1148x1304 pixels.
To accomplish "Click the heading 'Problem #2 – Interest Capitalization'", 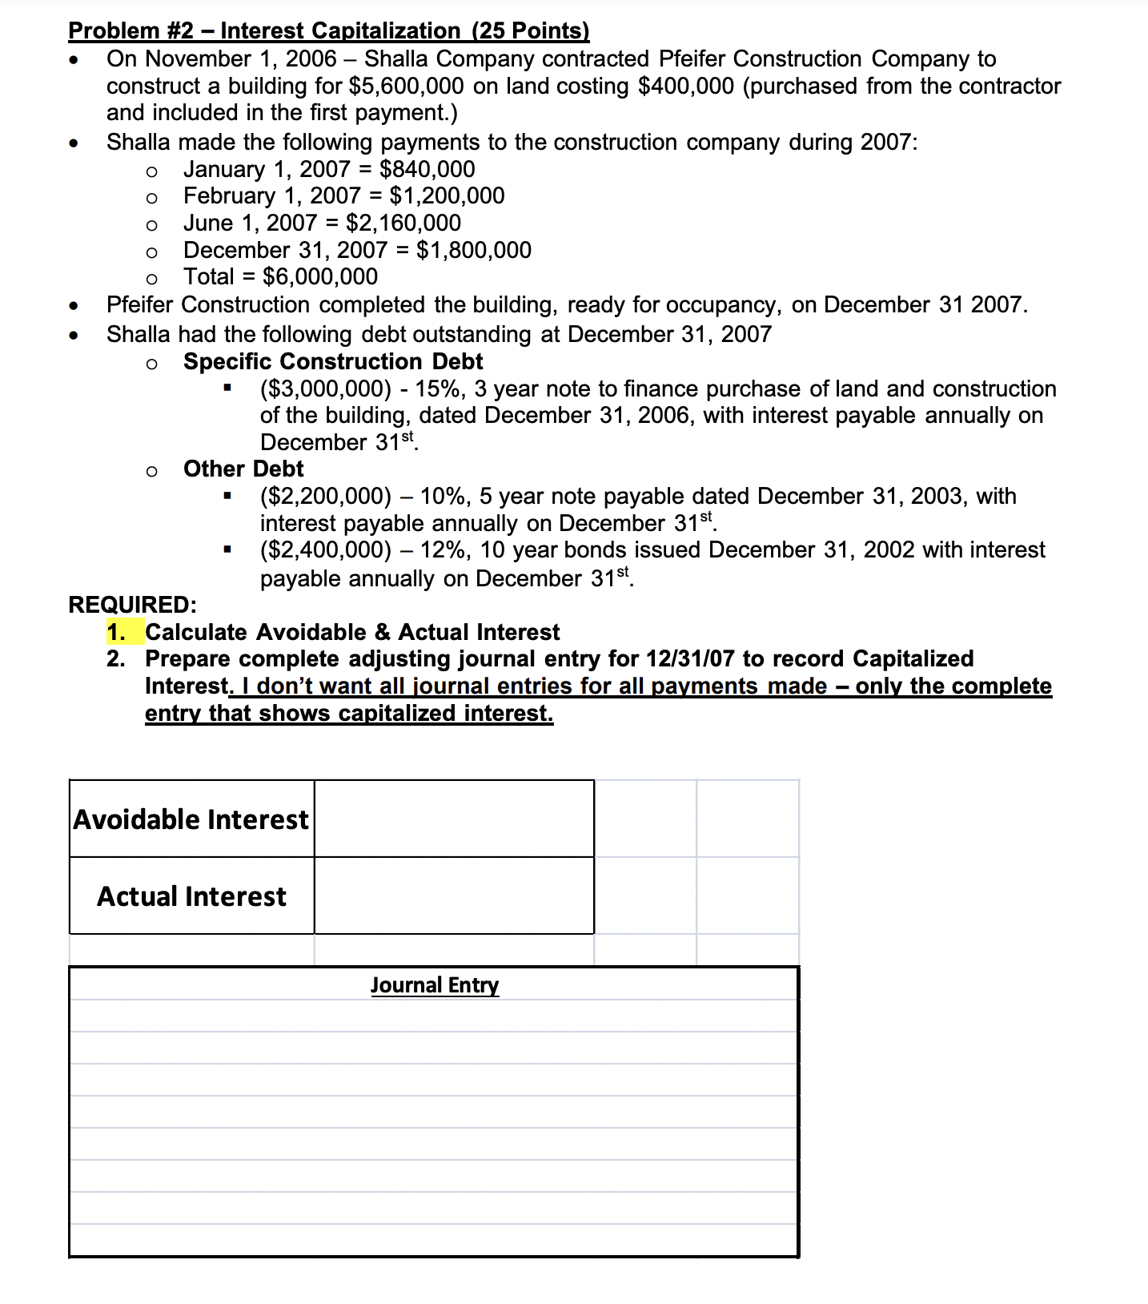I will click(x=328, y=30).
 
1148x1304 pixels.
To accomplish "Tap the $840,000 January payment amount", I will click(x=427, y=169).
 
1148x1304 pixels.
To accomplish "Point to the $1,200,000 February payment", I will click(x=447, y=195).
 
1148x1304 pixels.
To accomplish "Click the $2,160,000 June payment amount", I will click(x=403, y=223).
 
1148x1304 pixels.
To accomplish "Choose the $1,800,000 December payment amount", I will click(x=473, y=250).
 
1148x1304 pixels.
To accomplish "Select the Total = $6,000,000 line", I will click(x=280, y=276).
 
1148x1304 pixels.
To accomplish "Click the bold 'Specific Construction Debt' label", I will click(x=333, y=361).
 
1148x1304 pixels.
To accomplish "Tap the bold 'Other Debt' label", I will click(x=243, y=469).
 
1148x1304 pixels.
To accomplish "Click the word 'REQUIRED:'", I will click(x=133, y=604).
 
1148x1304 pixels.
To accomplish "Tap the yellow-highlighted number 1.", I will click(x=116, y=632).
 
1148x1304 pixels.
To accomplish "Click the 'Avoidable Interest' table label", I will click(x=191, y=819).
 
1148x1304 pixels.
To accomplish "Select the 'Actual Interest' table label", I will click(x=191, y=895).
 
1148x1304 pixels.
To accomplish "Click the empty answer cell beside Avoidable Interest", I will click(x=454, y=819).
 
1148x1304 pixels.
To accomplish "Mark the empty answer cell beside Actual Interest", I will click(x=454, y=895).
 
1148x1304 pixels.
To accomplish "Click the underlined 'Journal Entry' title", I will click(x=434, y=984).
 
